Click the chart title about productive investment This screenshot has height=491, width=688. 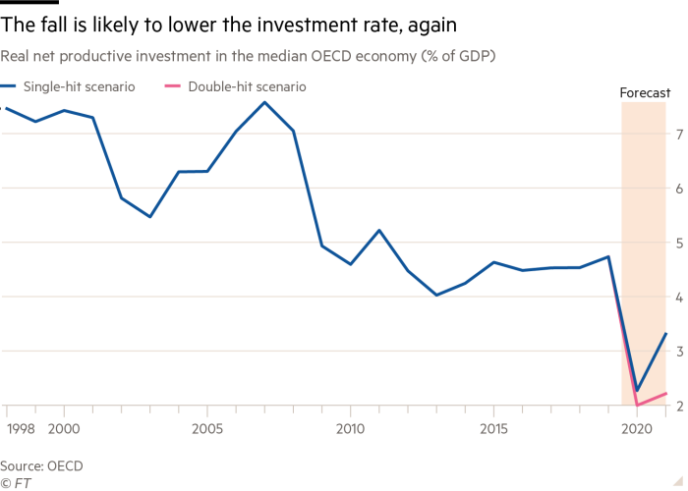coord(249,56)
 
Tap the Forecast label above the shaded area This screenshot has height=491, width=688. coord(645,94)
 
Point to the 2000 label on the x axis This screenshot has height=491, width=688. coord(63,429)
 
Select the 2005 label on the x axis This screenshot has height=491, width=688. coord(206,429)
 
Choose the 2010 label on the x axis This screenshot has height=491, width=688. coord(350,429)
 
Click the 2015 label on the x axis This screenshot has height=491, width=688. coord(493,429)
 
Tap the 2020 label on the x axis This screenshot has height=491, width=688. coord(636,429)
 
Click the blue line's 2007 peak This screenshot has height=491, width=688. coord(264,101)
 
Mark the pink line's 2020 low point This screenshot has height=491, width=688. coord(637,405)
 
